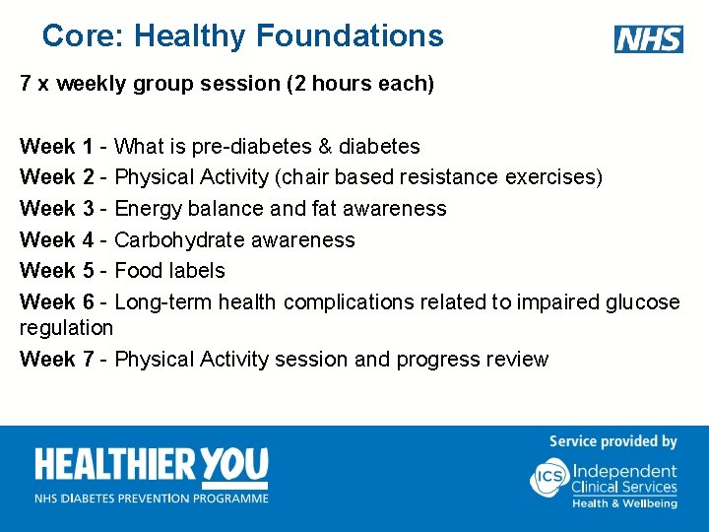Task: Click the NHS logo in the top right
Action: pos(648,39)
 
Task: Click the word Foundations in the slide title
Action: pos(350,36)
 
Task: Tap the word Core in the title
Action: pos(82,36)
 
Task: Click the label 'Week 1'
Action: pos(56,147)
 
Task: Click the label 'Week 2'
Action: pos(56,177)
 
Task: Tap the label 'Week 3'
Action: pos(56,209)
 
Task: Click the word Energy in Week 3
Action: pos(148,209)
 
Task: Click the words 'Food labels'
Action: pos(170,271)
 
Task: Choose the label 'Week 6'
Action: pos(56,301)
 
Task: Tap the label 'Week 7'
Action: pos(56,360)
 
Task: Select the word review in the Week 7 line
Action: pos(517,360)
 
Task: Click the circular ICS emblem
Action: pos(549,477)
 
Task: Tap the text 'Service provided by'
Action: pos(612,441)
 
